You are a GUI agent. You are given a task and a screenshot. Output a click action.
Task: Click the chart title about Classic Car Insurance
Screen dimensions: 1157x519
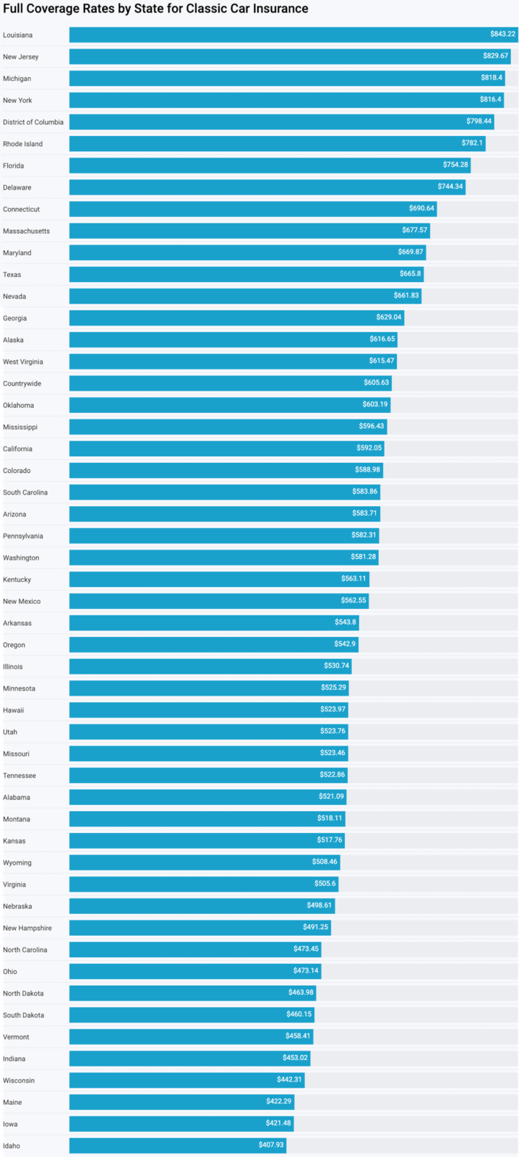155,9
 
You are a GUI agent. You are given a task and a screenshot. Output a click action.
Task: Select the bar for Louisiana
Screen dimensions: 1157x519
289,35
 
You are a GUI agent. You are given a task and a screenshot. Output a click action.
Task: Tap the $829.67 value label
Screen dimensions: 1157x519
495,56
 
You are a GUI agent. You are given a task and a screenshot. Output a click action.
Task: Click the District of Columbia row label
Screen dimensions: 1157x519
33,122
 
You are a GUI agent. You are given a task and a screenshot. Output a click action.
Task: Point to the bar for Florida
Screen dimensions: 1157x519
267,166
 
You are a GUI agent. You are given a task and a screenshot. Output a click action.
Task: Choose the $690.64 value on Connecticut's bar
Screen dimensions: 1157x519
421,208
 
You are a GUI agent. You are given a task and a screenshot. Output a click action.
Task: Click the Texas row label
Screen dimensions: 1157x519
12,275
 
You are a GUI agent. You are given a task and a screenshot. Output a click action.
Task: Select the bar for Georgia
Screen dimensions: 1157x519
231,318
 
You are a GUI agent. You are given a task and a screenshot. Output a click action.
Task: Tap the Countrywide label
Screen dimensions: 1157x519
22,383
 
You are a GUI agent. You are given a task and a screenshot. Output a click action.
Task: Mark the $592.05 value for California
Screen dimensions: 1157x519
369,448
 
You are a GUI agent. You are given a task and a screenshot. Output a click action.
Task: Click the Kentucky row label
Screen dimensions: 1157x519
17,579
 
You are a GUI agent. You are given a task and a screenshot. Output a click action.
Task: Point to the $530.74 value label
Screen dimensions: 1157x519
336,665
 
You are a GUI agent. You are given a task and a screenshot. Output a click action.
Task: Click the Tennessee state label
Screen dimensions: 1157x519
20,775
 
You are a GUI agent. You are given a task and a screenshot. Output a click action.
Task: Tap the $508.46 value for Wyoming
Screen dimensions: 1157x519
325,861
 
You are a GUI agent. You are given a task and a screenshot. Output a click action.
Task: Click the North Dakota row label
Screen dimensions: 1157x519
23,994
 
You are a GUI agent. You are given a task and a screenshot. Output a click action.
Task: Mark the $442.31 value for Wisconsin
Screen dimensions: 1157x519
289,1079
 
